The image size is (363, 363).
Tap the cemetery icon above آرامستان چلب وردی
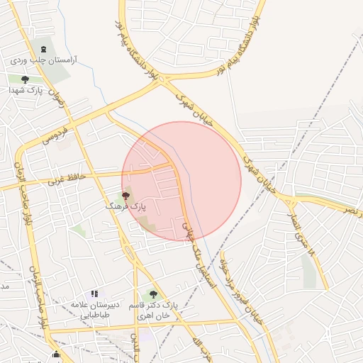pyautogui.click(x=45, y=50)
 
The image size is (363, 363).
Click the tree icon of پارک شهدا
pyautogui.click(x=26, y=79)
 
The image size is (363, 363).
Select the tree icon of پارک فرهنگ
pyautogui.click(x=125, y=195)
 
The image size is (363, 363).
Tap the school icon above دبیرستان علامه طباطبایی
pyautogui.click(x=94, y=294)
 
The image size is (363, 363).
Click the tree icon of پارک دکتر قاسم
pyautogui.click(x=153, y=294)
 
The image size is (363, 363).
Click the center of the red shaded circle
pyautogui.click(x=181, y=181)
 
